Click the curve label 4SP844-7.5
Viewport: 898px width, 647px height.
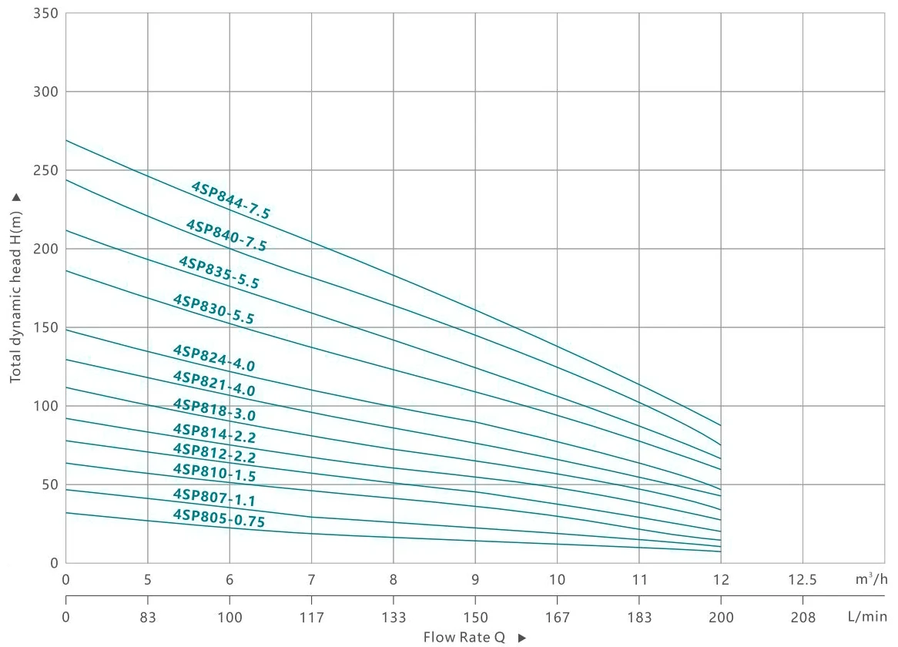(231, 201)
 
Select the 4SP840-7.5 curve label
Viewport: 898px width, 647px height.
(226, 236)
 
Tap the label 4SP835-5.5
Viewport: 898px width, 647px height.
(219, 273)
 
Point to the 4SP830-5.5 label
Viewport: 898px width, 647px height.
(214, 309)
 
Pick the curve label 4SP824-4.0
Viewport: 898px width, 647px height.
(214, 358)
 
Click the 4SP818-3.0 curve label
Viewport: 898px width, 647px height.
(214, 410)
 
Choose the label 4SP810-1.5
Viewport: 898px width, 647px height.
(214, 473)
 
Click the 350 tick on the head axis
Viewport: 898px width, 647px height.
(45, 14)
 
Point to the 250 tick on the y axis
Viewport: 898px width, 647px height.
(45, 170)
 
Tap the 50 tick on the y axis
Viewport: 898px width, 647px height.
(49, 484)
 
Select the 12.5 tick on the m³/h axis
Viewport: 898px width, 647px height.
(803, 578)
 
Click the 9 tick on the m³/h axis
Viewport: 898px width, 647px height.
(475, 578)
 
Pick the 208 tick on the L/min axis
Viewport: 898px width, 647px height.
(803, 617)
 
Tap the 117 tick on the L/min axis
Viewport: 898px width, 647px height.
(312, 617)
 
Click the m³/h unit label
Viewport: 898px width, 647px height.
(872, 578)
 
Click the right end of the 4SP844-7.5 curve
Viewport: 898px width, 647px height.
(720, 425)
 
